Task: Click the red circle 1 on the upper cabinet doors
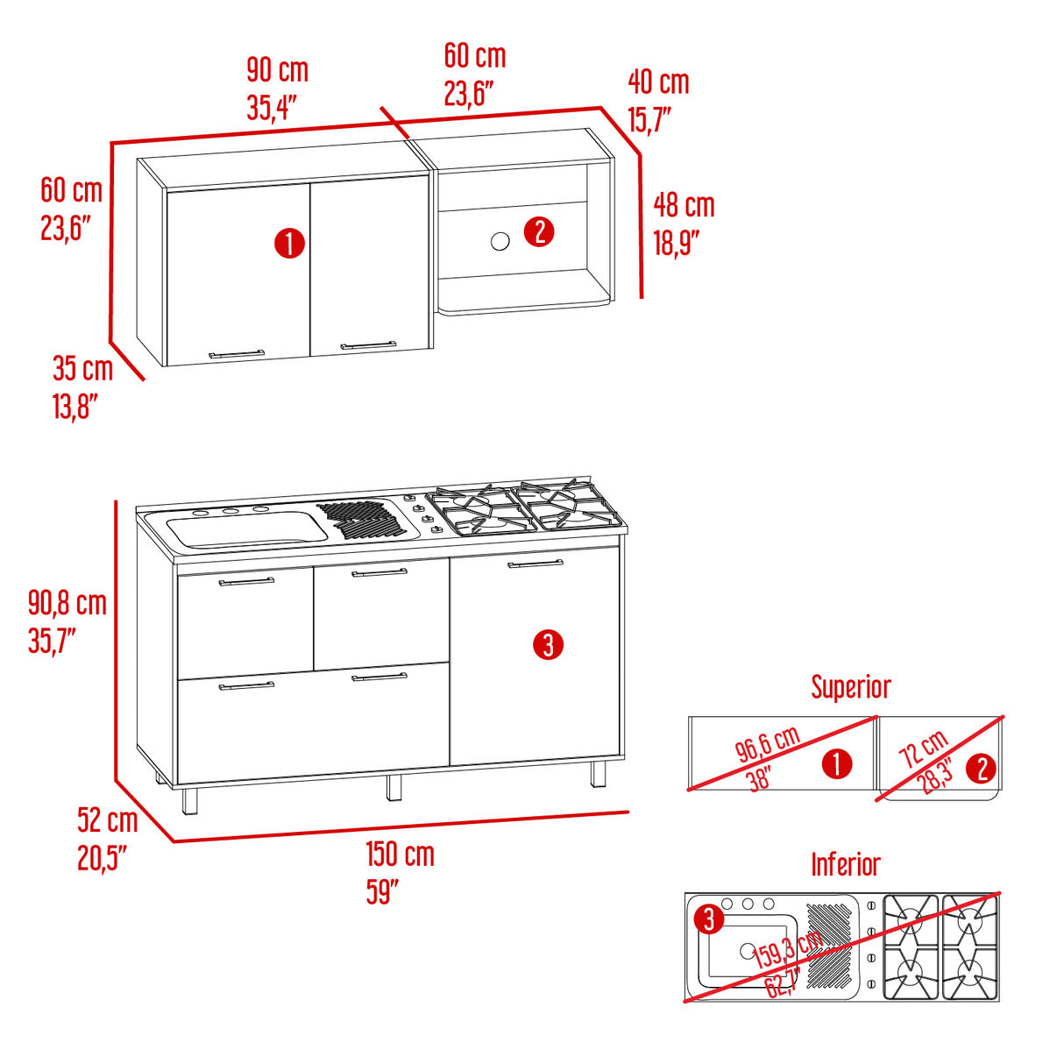(x=290, y=244)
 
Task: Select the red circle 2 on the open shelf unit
(x=539, y=231)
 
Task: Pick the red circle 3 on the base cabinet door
(x=549, y=644)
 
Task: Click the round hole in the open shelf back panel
(x=500, y=241)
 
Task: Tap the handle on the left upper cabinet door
(x=237, y=354)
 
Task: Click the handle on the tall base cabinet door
(x=536, y=564)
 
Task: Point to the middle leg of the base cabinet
(x=394, y=787)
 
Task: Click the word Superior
(x=851, y=687)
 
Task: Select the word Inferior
(x=846, y=865)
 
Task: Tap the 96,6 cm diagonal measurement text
(x=768, y=743)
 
